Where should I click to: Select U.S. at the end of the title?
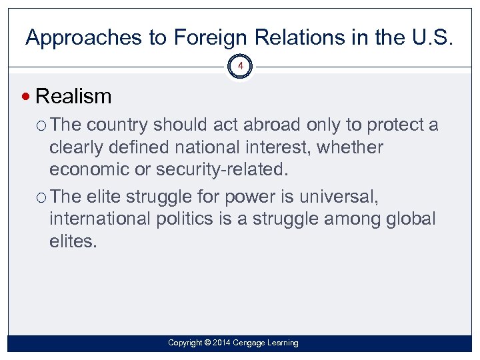(431, 38)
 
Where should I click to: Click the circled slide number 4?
(241, 67)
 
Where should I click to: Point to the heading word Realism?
(73, 97)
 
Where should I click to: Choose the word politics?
(196, 219)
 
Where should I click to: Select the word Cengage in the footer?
(254, 343)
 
